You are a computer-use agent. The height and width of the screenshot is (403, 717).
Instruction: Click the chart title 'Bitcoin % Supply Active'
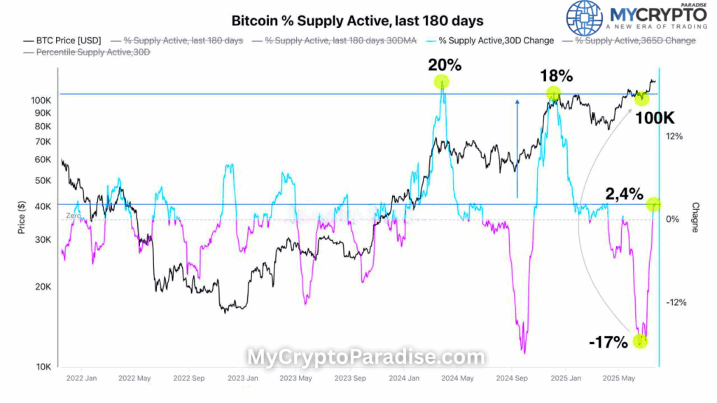point(357,21)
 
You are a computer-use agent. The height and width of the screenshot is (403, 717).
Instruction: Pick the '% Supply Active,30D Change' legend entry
point(493,41)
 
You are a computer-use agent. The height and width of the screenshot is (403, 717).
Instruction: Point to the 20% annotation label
point(445,66)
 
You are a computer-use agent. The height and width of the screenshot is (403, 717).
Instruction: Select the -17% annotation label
point(608,343)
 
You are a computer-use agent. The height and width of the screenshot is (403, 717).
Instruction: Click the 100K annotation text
point(654,118)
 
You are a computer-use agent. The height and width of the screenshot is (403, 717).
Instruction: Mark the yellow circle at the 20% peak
point(441,83)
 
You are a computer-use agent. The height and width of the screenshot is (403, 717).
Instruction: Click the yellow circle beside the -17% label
point(640,341)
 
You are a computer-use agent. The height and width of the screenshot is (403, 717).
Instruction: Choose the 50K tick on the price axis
point(42,181)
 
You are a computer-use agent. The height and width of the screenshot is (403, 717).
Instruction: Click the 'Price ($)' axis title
point(22,216)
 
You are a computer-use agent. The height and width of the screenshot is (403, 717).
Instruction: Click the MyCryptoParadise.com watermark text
point(365,358)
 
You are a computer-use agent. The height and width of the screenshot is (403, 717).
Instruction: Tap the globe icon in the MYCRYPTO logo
point(584,18)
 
